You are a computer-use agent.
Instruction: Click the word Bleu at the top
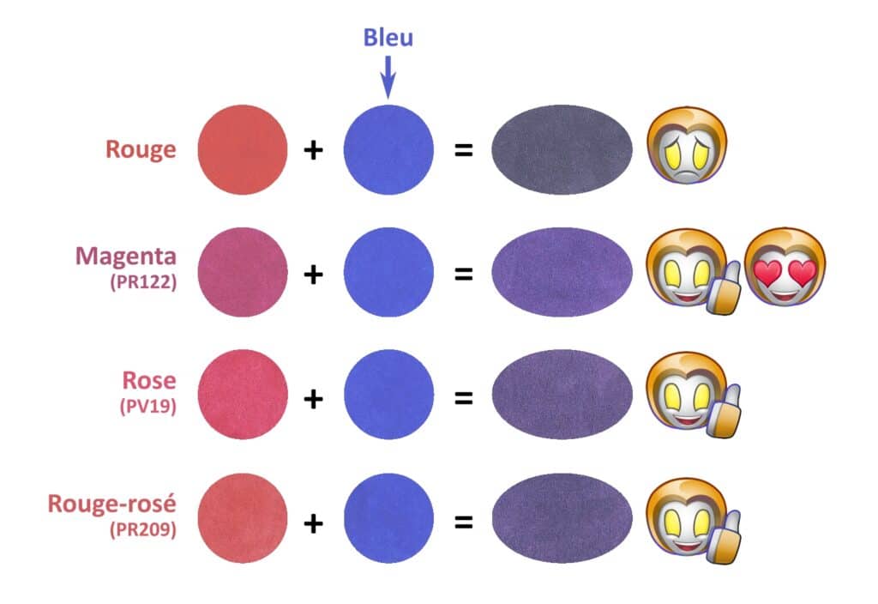click(388, 37)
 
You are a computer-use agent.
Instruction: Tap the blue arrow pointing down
click(388, 77)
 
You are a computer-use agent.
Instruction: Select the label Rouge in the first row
click(141, 149)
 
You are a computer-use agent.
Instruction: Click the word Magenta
click(126, 256)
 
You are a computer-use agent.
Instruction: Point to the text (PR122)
click(143, 281)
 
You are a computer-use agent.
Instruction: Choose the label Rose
click(148, 381)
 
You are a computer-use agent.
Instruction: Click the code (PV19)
click(147, 406)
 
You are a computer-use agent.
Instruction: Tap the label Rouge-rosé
click(112, 504)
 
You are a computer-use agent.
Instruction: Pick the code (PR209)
click(142, 530)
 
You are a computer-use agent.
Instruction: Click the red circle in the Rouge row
click(243, 149)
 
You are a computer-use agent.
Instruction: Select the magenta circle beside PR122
click(243, 273)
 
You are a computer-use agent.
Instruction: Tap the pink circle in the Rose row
click(243, 396)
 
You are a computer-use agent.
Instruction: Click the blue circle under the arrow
click(388, 149)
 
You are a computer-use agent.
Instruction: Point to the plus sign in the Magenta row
click(314, 274)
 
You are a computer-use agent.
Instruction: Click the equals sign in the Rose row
click(463, 397)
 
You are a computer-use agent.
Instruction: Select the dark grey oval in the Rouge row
click(562, 149)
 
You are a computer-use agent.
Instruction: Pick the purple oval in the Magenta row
click(562, 273)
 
